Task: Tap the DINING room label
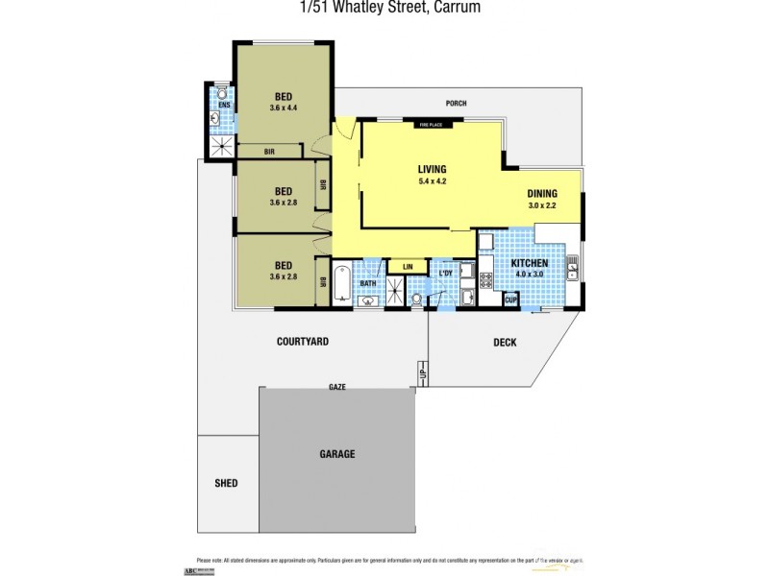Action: pyautogui.click(x=542, y=193)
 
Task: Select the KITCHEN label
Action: pyautogui.click(x=529, y=262)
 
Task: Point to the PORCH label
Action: pyautogui.click(x=457, y=103)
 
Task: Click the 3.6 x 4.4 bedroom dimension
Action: pyautogui.click(x=285, y=108)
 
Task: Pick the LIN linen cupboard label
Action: pyautogui.click(x=407, y=266)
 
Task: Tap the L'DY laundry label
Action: pyautogui.click(x=445, y=274)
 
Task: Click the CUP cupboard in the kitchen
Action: pyautogui.click(x=511, y=300)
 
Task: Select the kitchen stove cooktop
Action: pyautogui.click(x=485, y=279)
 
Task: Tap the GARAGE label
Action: pyautogui.click(x=336, y=453)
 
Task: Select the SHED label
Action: pyautogui.click(x=225, y=482)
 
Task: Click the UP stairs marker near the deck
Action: pyautogui.click(x=422, y=372)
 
